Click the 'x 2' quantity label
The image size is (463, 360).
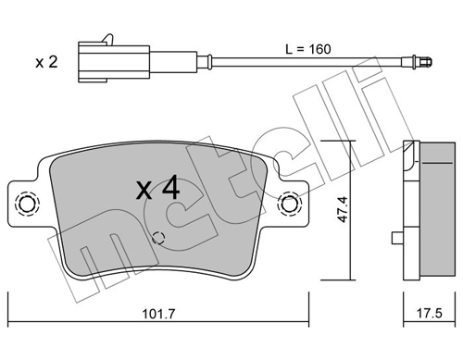click(x=46, y=62)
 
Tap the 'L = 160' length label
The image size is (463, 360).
click(x=308, y=49)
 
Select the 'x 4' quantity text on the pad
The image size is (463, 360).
click(x=157, y=188)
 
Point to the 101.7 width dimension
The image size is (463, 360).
click(x=158, y=314)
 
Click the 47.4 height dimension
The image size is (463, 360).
click(x=343, y=209)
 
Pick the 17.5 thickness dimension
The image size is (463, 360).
click(x=430, y=314)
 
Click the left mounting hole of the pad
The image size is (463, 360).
click(x=27, y=204)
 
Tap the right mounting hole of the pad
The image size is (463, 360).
click(x=290, y=204)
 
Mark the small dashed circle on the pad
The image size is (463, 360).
click(x=158, y=238)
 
